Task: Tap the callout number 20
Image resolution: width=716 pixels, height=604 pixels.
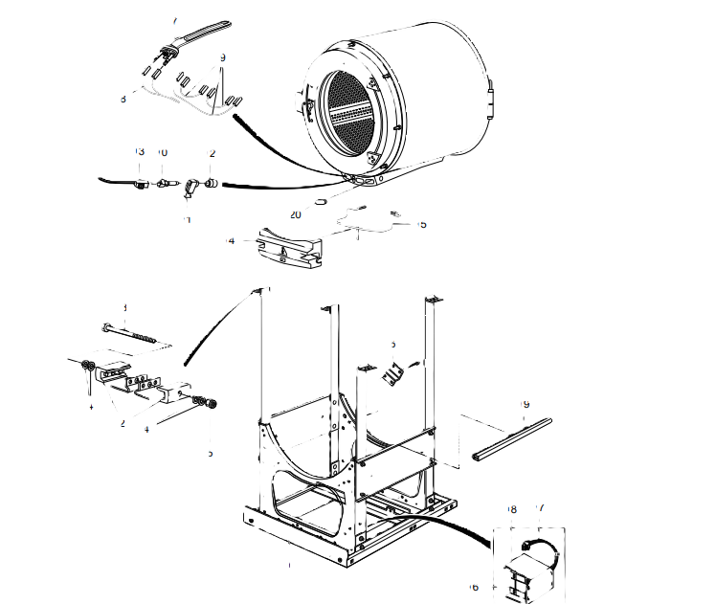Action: click(x=296, y=213)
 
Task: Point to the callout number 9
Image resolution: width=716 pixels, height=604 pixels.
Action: click(x=222, y=58)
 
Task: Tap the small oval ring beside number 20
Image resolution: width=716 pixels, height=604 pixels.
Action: click(x=322, y=202)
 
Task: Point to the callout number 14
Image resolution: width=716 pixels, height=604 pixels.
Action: click(x=230, y=241)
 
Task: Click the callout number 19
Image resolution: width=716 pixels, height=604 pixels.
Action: click(x=525, y=405)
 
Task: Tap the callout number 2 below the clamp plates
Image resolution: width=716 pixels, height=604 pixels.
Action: click(x=122, y=422)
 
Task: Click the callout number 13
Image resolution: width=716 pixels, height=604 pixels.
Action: click(x=139, y=152)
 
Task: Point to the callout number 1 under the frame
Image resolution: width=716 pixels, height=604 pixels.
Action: click(x=288, y=566)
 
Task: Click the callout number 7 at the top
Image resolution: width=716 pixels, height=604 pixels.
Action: click(x=174, y=20)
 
